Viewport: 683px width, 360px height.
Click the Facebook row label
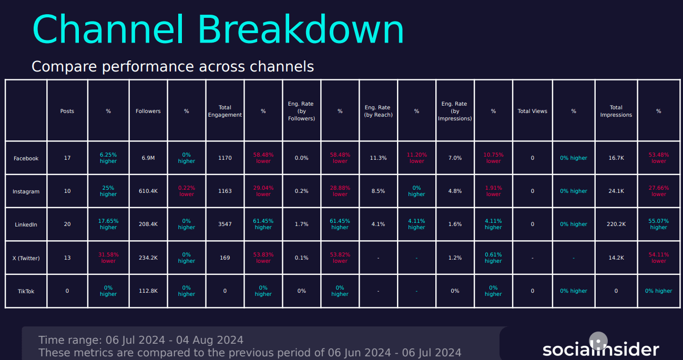26,158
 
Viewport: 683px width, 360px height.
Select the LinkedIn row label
26,224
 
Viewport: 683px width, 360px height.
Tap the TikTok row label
26,291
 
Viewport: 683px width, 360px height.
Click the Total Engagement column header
225,111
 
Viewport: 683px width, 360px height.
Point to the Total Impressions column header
616,111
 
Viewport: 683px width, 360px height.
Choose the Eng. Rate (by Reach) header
378,111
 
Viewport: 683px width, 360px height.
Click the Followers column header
148,111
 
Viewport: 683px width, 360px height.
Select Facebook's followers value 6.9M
148,158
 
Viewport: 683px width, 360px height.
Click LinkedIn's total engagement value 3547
225,224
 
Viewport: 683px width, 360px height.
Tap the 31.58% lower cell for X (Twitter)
108,258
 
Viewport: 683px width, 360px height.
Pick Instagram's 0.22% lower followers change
187,191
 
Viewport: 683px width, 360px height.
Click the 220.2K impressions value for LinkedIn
616,224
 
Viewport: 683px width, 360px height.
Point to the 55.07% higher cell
659,224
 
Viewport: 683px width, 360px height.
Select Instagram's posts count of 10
67,191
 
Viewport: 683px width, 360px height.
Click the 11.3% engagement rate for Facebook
378,158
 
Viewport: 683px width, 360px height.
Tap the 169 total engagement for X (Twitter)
225,258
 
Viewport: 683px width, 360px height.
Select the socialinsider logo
600,349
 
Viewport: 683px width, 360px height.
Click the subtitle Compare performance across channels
172,67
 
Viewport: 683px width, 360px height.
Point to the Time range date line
141,340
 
